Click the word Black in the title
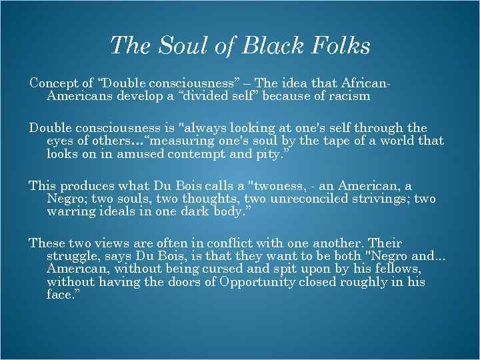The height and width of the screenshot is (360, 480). [x=273, y=46]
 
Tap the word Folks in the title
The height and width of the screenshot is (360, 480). [x=339, y=46]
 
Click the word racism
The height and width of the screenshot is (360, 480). [x=349, y=96]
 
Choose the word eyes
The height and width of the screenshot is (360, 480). [x=59, y=141]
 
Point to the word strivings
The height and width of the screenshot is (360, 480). [x=375, y=199]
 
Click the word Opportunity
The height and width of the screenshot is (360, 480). [x=254, y=282]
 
